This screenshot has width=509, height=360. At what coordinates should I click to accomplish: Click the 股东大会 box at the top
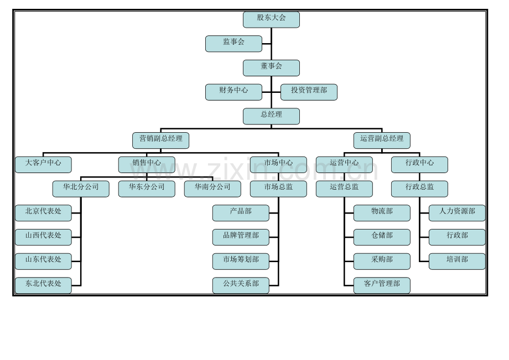pos(271,19)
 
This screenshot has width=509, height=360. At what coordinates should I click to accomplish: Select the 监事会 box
pos(233,44)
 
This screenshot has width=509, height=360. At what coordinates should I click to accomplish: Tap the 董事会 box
pos(271,68)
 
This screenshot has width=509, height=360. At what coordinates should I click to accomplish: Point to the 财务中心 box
pos(233,92)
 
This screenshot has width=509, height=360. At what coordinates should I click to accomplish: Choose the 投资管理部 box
pos(309,92)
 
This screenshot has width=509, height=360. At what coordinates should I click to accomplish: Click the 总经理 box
pos(271,116)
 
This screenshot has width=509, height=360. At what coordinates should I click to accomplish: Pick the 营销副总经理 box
pos(160,140)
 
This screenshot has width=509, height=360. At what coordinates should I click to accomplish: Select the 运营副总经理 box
pos(382,140)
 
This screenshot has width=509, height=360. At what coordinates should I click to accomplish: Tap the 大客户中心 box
pos(43,164)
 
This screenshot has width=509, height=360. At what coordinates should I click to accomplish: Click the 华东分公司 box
pos(147,189)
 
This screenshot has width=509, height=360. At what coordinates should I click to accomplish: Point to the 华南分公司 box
pos(212,189)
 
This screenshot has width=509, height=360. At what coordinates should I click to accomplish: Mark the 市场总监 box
pos(278,189)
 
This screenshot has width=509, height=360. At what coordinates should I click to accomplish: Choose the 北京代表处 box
pos(43,213)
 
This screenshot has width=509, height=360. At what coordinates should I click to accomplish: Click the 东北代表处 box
pos(43,285)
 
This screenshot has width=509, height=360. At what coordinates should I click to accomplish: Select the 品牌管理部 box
pos(241,237)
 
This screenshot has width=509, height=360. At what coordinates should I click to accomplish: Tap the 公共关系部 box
pos(241,285)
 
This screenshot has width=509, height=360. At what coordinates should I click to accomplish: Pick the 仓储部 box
pos(382,237)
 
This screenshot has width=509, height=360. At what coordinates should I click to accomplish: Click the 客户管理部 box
pos(382,285)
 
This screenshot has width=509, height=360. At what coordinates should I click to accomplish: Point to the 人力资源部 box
pos(457,213)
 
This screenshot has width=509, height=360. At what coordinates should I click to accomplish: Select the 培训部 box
pos(457,262)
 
